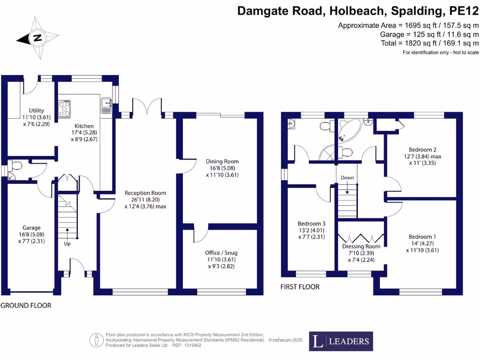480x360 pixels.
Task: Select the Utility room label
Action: click(36, 111)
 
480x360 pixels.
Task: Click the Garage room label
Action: click(32, 228)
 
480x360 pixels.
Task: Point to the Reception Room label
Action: click(145, 193)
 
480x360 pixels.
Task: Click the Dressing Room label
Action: click(361, 247)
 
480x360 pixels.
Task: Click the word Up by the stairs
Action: click(67, 244)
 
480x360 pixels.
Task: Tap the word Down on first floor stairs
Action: click(347, 178)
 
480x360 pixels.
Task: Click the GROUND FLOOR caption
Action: click(26, 305)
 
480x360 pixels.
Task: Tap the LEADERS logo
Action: click(341, 341)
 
